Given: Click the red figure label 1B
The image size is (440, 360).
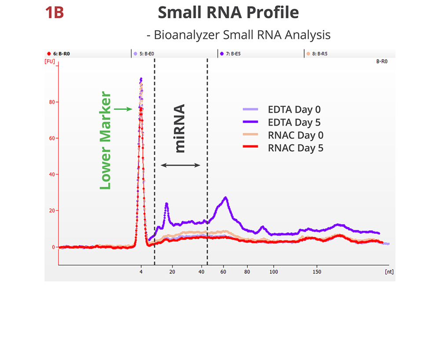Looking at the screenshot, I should pyautogui.click(x=55, y=13).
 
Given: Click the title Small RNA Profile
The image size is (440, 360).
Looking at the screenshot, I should pyautogui.click(x=228, y=13).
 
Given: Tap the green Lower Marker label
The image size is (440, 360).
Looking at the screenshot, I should pyautogui.click(x=106, y=140).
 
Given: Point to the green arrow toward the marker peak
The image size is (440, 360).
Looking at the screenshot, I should pyautogui.click(x=123, y=109).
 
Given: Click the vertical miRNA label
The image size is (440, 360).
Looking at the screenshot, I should pyautogui.click(x=180, y=128).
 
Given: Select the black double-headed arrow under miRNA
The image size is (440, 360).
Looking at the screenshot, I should pyautogui.click(x=180, y=165).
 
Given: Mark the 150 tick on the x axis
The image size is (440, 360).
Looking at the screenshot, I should pyautogui.click(x=317, y=272).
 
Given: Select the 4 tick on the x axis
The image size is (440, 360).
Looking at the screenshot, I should pyautogui.click(x=141, y=272).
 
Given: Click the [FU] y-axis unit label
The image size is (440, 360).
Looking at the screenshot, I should pyautogui.click(x=50, y=62).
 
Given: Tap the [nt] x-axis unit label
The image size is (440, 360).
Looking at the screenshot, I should pyautogui.click(x=389, y=272).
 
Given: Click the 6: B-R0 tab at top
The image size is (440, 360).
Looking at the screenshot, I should pyautogui.click(x=59, y=54).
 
